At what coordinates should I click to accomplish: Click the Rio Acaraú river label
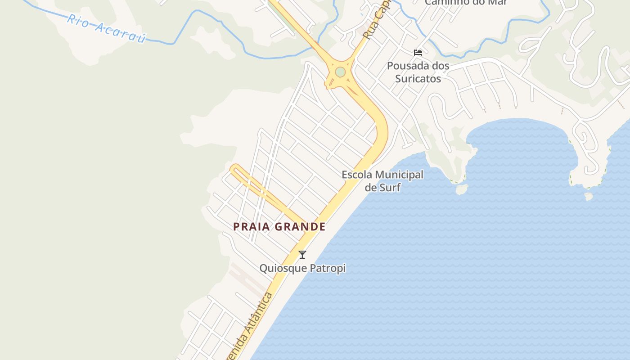(x=106, y=28)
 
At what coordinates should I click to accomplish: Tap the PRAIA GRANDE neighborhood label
(x=279, y=227)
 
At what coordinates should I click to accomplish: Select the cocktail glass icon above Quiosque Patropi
(x=302, y=255)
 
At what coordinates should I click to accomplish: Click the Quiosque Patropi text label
(x=302, y=268)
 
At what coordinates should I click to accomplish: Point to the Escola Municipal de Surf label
(x=382, y=181)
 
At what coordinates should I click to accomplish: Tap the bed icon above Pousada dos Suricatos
(x=418, y=52)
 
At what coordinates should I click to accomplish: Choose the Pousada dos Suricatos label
(x=418, y=72)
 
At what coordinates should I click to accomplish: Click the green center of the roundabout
(x=340, y=72)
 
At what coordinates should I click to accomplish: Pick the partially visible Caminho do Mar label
(x=466, y=2)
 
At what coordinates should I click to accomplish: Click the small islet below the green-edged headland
(x=461, y=189)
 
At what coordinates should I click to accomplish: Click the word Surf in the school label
(x=390, y=187)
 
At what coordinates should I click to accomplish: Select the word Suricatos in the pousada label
(x=418, y=79)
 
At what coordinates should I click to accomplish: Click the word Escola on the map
(x=356, y=175)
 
